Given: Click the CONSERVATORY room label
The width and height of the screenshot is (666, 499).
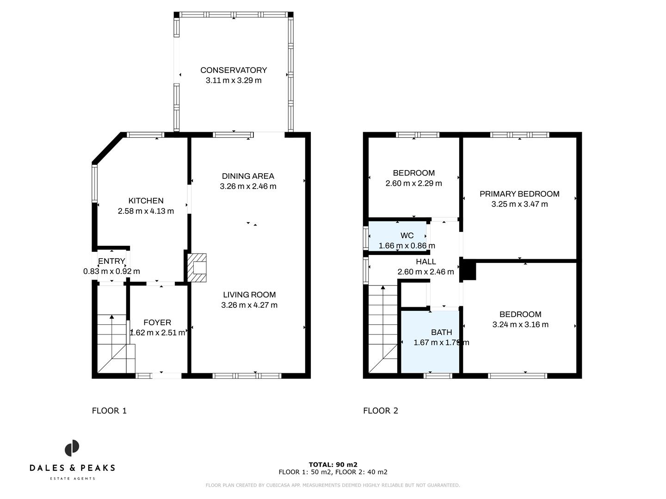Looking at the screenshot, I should (233, 70).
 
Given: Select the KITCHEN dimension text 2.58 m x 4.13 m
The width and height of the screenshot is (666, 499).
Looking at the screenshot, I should (146, 211).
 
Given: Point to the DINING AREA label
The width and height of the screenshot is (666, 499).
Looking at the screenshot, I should (248, 176).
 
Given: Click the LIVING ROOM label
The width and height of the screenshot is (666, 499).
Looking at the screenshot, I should (249, 295).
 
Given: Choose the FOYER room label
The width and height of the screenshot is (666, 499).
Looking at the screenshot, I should (157, 323).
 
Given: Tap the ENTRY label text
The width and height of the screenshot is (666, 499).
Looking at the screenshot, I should (111, 262).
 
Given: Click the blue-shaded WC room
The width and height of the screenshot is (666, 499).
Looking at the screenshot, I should (397, 237).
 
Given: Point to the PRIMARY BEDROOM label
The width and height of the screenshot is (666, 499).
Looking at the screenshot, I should (519, 194).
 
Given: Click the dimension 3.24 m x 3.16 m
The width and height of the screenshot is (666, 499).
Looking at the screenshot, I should (520, 324).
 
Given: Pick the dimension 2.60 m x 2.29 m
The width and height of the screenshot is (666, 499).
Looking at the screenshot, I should (413, 183).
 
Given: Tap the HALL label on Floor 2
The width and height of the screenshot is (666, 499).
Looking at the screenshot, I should (425, 262).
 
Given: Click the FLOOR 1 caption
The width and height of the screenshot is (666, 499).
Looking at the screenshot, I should (109, 411).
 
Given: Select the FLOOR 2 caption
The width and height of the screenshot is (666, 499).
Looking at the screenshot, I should (380, 411).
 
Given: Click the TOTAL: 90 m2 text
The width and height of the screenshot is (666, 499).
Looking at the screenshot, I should (333, 465).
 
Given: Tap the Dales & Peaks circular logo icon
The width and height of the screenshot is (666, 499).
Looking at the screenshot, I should (72, 448).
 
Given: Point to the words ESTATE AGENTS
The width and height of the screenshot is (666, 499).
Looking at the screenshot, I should (72, 478).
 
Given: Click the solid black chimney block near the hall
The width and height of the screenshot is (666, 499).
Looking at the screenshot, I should (469, 270).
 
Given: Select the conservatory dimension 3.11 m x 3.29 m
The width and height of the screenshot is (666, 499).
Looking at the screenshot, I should (233, 80).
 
